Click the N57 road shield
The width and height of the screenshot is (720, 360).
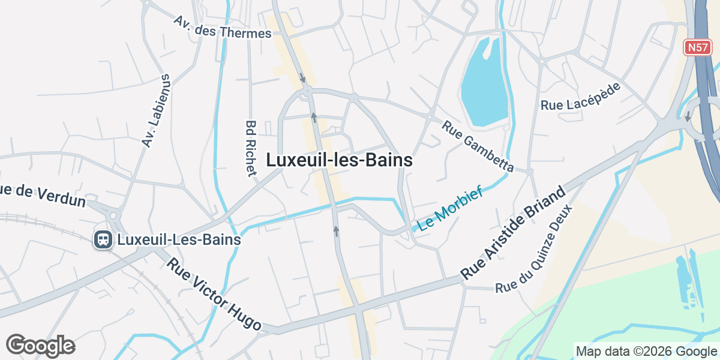point(698,47)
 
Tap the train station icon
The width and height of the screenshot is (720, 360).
point(103,240)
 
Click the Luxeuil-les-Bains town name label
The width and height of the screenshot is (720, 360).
point(339,161)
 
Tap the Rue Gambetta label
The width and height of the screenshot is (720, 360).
point(478,145)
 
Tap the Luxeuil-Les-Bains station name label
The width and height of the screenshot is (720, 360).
point(179,240)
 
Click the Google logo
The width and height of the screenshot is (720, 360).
point(40,346)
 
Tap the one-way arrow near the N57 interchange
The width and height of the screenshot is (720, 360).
point(688,116)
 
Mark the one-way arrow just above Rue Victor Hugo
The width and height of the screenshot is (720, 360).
point(336,231)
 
